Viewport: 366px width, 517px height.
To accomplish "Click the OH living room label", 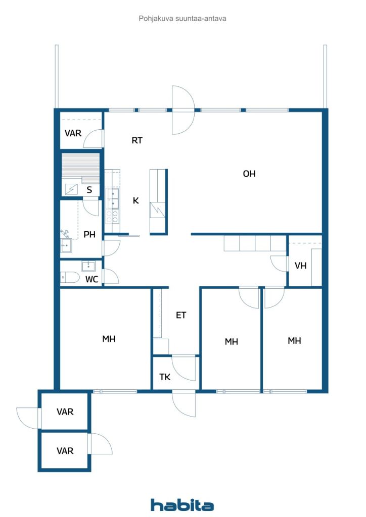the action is [249, 174].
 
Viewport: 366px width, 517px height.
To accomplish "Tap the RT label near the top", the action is [137, 140].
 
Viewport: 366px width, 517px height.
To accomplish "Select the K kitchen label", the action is [135, 200].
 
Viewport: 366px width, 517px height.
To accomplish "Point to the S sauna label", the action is [89, 190].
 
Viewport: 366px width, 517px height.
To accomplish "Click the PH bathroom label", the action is [89, 234].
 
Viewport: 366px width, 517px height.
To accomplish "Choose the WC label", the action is [91, 280].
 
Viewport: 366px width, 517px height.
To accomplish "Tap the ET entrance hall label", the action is [181, 316].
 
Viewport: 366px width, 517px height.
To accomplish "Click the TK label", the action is [165, 377].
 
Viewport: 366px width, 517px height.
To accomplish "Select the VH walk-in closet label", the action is [300, 266].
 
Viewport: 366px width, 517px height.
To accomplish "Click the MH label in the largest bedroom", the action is [109, 339].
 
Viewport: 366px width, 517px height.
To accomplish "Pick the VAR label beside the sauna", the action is [73, 133].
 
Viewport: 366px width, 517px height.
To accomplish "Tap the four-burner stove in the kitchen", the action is [112, 216].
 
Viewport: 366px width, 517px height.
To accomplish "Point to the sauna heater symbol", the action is [71, 189].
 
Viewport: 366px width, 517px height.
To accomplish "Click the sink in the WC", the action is [88, 266].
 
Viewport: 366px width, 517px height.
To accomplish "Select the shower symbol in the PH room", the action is [65, 234].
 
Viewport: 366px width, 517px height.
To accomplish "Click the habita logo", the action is [182, 504].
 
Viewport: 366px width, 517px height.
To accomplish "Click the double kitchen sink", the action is [112, 199].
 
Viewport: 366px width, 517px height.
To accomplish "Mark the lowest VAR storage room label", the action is [65, 451].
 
